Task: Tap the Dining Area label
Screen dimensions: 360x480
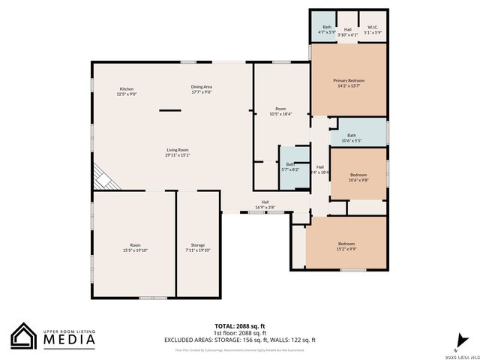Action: click(x=201, y=89)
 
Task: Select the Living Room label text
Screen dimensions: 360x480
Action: click(x=177, y=152)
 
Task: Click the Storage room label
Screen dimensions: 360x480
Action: click(x=198, y=247)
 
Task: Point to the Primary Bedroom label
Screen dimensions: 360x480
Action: click(x=349, y=82)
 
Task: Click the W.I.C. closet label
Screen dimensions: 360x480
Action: click(x=373, y=31)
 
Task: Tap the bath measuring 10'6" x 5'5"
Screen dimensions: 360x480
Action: click(x=352, y=137)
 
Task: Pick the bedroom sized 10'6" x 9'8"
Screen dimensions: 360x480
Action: click(x=358, y=177)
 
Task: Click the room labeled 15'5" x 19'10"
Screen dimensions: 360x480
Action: click(x=135, y=247)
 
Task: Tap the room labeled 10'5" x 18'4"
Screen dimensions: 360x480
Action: click(x=280, y=111)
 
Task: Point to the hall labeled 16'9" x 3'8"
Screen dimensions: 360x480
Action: click(x=265, y=204)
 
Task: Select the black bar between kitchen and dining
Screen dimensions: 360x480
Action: click(x=169, y=110)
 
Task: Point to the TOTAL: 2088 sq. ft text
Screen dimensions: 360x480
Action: click(x=240, y=326)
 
